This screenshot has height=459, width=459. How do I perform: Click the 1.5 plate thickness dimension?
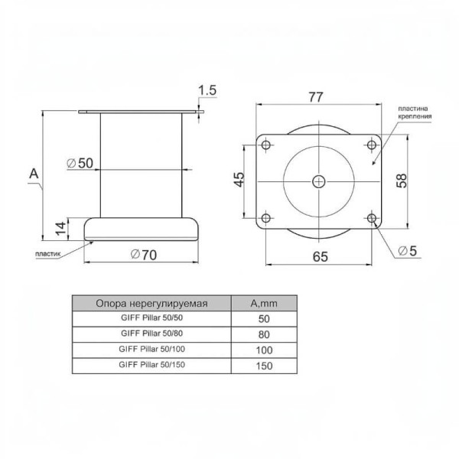coord(207,90)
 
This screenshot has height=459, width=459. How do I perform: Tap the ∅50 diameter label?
coord(80,163)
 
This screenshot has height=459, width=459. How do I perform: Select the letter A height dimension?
coord(34,174)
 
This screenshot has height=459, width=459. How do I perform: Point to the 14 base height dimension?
coord(61,229)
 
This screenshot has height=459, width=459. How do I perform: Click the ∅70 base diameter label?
coord(144,255)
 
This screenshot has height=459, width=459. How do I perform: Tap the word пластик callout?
coord(47,254)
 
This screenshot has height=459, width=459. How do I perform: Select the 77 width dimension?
coord(316,97)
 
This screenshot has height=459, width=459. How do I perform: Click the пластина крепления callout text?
coord(415,112)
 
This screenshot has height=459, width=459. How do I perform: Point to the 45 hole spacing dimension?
coord(239,180)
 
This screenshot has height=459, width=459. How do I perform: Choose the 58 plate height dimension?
coord(402,181)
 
